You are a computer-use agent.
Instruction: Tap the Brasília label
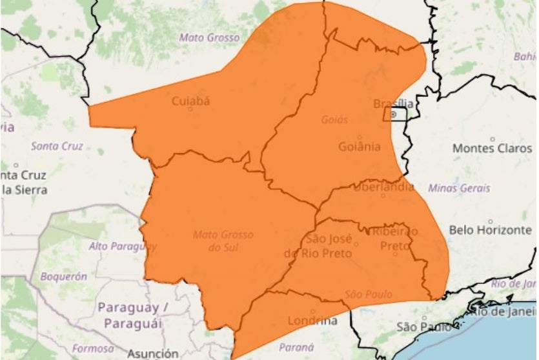394,103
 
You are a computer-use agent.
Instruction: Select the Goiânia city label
360,146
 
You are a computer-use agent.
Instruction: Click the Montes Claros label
493,148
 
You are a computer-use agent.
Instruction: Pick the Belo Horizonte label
490,229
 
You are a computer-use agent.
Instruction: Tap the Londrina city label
312,321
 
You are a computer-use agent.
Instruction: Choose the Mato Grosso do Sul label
223,240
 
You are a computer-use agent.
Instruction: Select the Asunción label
153,354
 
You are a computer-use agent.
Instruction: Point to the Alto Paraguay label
123,246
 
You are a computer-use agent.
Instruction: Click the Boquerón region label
63,276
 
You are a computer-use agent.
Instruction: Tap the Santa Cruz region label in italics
57,146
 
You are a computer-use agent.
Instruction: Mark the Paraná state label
296,346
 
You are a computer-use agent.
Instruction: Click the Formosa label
89,348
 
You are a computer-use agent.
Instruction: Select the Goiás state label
334,119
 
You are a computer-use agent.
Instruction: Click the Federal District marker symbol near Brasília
394,114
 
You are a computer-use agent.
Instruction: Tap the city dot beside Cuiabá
190,109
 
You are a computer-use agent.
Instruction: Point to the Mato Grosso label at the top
209,37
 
